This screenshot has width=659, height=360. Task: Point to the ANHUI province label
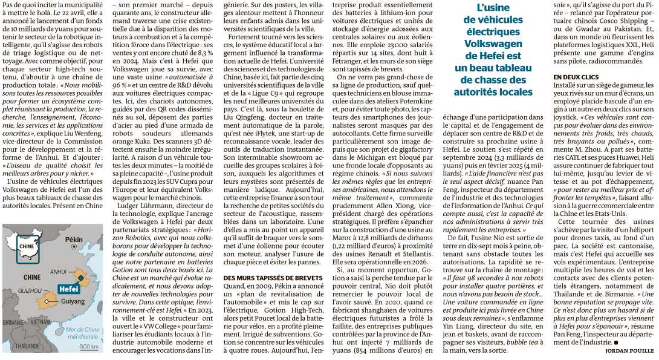click(x=57, y=272)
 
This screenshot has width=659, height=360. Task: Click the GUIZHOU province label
click(x=30, y=291)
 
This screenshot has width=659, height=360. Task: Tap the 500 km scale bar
click(x=89, y=342)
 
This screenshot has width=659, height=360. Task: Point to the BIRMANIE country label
click(x=11, y=322)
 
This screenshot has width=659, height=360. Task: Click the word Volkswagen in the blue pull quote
click(x=493, y=44)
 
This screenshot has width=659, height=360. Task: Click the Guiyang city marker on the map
click(x=47, y=300)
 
